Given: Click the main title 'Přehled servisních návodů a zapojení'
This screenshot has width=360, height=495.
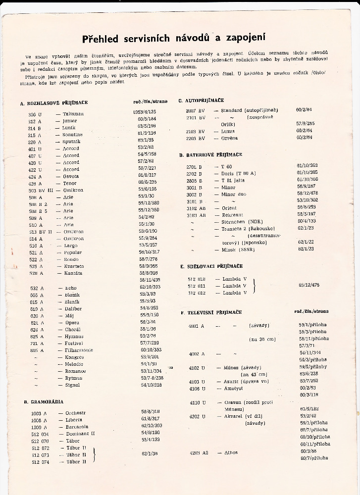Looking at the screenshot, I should point(180,38).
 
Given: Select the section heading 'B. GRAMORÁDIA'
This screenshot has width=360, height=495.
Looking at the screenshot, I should point(44,401).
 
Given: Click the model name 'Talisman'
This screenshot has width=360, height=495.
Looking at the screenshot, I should point(73,114).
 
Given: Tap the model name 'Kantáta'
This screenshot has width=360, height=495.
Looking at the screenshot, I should point(73,273).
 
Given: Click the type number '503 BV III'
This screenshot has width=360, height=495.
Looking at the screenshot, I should point(41,190).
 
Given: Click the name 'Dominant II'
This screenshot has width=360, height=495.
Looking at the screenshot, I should point(80,433).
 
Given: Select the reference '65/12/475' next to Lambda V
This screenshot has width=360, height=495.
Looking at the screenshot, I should point(309,285).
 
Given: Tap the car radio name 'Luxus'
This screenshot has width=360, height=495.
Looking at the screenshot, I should point(228,131).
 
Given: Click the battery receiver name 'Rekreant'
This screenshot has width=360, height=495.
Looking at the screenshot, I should point(232,215).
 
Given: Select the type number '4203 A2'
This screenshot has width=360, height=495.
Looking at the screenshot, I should point(199,452).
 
